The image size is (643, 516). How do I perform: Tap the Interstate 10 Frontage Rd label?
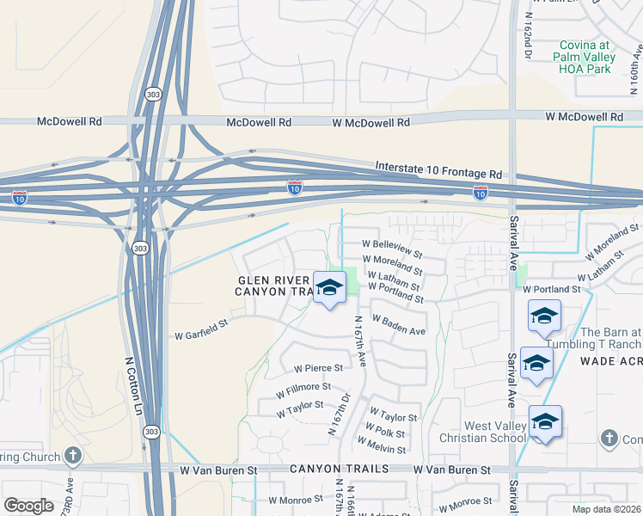tap(438, 169)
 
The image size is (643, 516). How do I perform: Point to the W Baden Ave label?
tap(398, 326)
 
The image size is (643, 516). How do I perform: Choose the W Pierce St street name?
tap(318, 368)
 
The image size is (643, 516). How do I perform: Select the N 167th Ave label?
tap(360, 341)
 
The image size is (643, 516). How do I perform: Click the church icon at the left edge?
tap(73, 455)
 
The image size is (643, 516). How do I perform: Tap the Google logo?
tap(28, 506)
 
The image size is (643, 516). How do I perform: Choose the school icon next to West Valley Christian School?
tap(545, 422)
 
